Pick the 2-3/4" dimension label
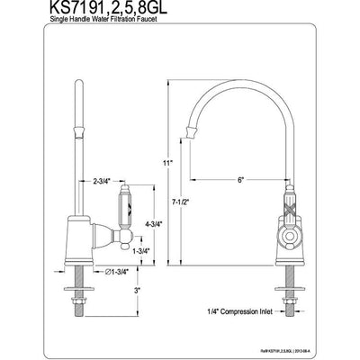click(x=103, y=182)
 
